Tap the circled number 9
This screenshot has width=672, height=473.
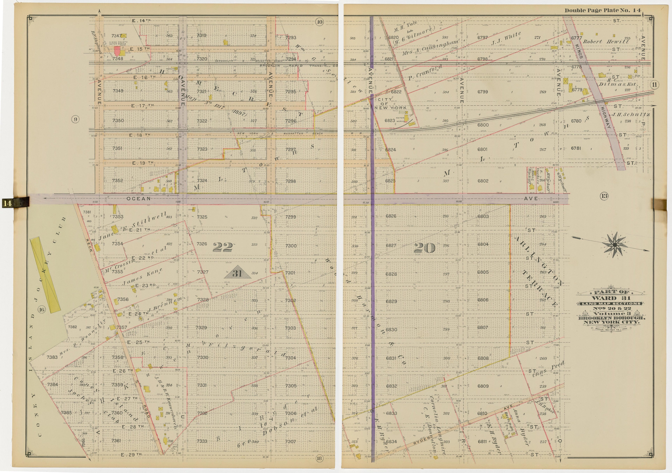coord(75,119)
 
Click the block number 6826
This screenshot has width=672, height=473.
coord(391,216)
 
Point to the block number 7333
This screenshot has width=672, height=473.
coord(202,441)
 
